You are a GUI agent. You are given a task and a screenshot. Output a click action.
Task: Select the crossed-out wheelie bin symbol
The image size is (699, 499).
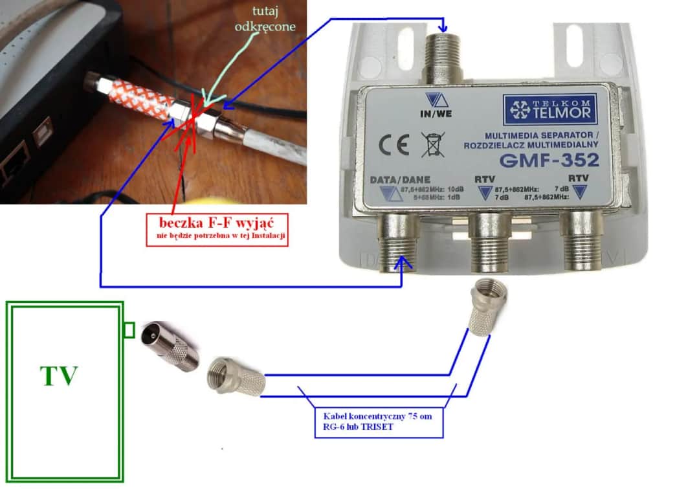click(428, 144)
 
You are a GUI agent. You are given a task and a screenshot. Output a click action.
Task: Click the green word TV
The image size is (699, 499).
click(59, 375)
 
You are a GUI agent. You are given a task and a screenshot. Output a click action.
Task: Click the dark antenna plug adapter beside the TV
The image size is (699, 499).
click(170, 346)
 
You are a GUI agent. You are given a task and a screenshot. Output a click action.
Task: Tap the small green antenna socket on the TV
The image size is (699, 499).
click(129, 331)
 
